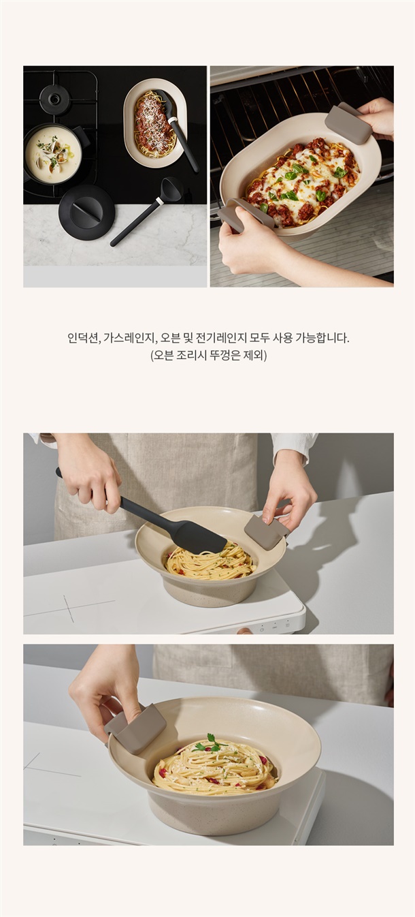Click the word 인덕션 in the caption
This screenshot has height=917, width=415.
click(83, 339)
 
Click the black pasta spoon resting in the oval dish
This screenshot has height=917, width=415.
click(176, 127)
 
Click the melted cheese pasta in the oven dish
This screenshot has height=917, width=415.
click(302, 182)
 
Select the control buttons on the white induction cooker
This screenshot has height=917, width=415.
click(275, 626)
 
